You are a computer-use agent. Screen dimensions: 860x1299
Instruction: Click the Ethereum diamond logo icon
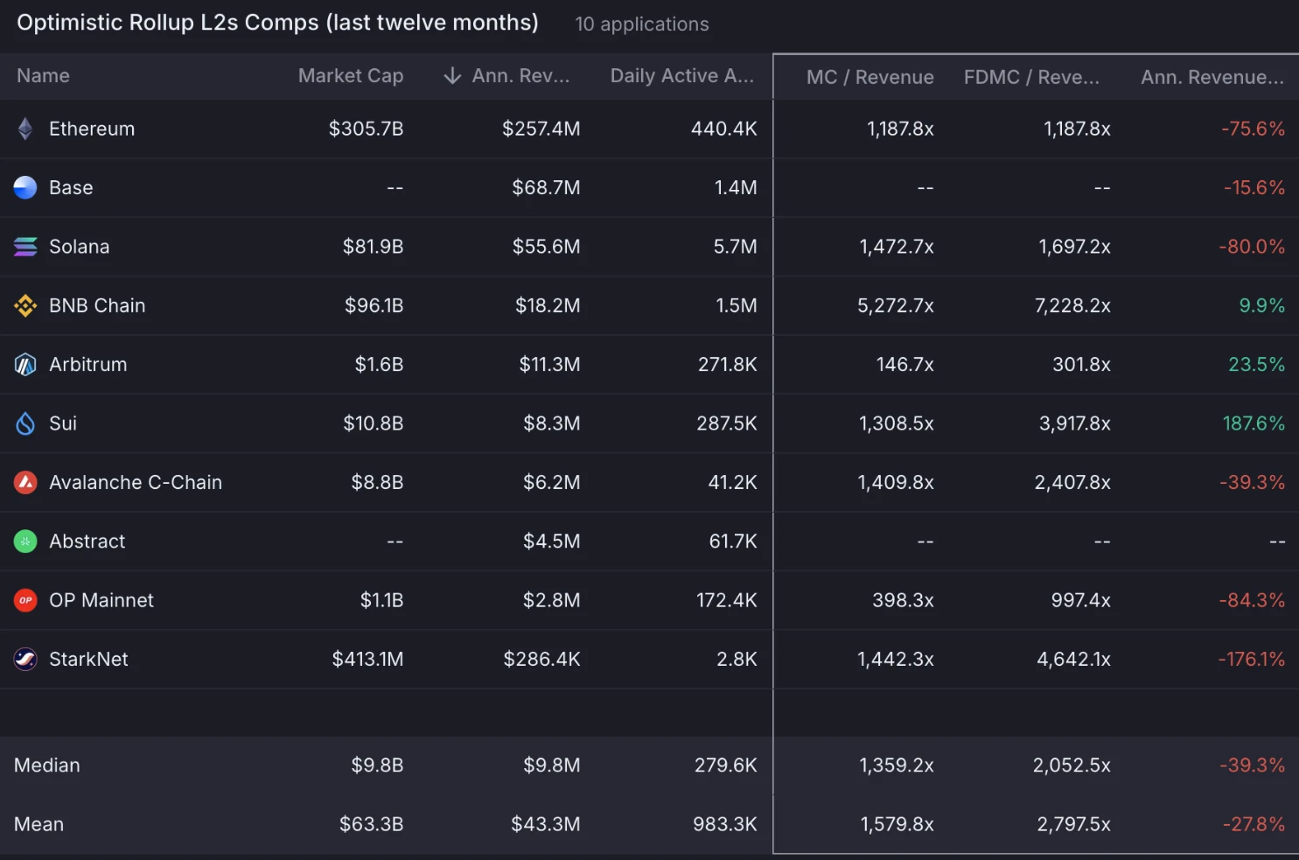pyautogui.click(x=25, y=129)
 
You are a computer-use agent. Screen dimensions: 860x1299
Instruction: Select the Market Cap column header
pyautogui.click(x=350, y=76)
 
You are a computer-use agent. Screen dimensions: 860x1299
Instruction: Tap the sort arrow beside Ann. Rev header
pyautogui.click(x=452, y=76)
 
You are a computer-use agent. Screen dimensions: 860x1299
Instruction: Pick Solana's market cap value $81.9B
pyautogui.click(x=373, y=247)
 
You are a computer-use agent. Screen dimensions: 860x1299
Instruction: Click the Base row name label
pyautogui.click(x=71, y=188)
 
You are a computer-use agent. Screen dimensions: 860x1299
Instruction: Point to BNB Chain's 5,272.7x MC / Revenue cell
pyautogui.click(x=895, y=306)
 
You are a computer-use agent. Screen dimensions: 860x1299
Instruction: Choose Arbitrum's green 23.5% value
pyautogui.click(x=1256, y=365)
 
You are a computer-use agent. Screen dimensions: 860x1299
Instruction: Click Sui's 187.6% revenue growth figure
pyautogui.click(x=1253, y=423)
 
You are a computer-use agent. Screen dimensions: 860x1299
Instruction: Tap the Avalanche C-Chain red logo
pyautogui.click(x=25, y=482)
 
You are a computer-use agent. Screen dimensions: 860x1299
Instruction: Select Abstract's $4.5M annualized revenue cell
pyautogui.click(x=551, y=542)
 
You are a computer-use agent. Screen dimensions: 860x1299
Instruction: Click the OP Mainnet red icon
pyautogui.click(x=25, y=600)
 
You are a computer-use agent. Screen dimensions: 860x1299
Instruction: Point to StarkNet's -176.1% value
pyautogui.click(x=1251, y=660)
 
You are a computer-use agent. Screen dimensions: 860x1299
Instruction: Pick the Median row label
pyautogui.click(x=47, y=766)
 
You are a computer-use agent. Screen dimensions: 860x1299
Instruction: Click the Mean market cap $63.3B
pyautogui.click(x=371, y=824)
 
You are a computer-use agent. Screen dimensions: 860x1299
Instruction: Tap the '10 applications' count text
pyautogui.click(x=642, y=24)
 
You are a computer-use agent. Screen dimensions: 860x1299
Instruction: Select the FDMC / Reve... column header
pyautogui.click(x=1031, y=77)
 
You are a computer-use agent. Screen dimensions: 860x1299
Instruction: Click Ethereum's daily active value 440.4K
pyautogui.click(x=723, y=129)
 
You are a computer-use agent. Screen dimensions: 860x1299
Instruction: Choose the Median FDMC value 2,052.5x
pyautogui.click(x=1072, y=766)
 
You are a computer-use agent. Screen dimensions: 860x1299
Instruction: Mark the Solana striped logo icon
pyautogui.click(x=25, y=247)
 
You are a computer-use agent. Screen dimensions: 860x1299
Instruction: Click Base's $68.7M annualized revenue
pyautogui.click(x=546, y=188)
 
